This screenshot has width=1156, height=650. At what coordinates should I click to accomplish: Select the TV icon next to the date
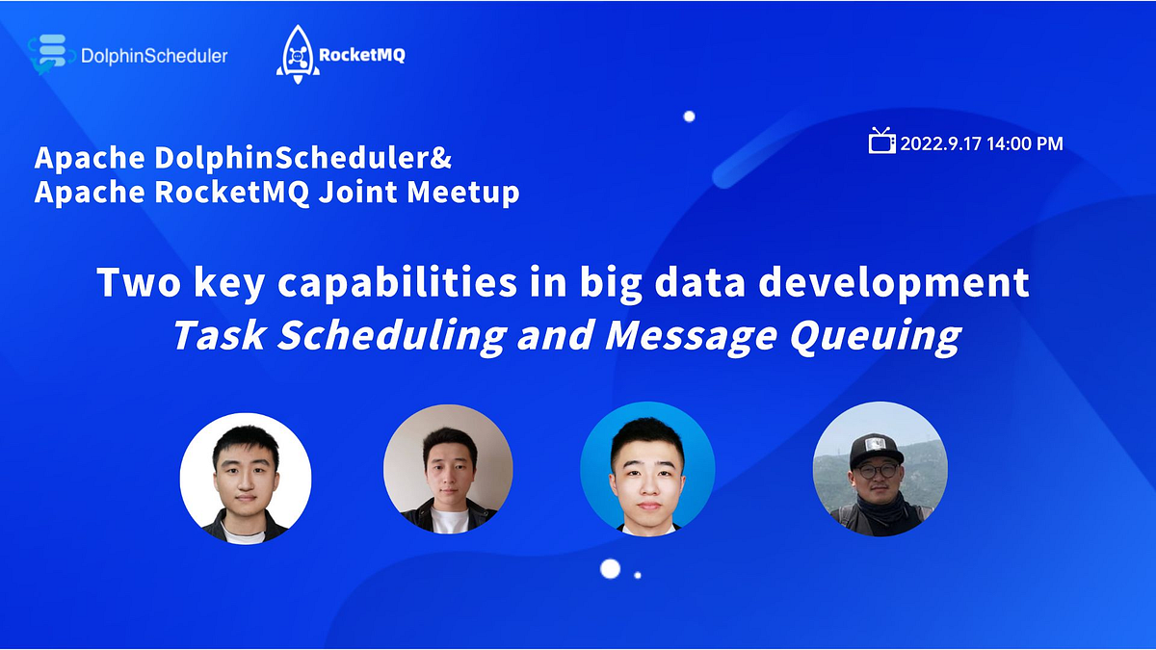click(881, 142)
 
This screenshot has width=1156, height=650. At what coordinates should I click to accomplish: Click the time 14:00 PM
click(1027, 143)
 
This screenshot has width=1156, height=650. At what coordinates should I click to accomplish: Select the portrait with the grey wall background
click(448, 469)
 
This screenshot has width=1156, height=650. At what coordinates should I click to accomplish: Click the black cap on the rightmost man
click(876, 448)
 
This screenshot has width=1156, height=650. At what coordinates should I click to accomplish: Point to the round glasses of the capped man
click(874, 472)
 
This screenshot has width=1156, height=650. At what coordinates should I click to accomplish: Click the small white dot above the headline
click(689, 117)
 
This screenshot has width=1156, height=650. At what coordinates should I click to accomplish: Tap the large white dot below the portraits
click(610, 568)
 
